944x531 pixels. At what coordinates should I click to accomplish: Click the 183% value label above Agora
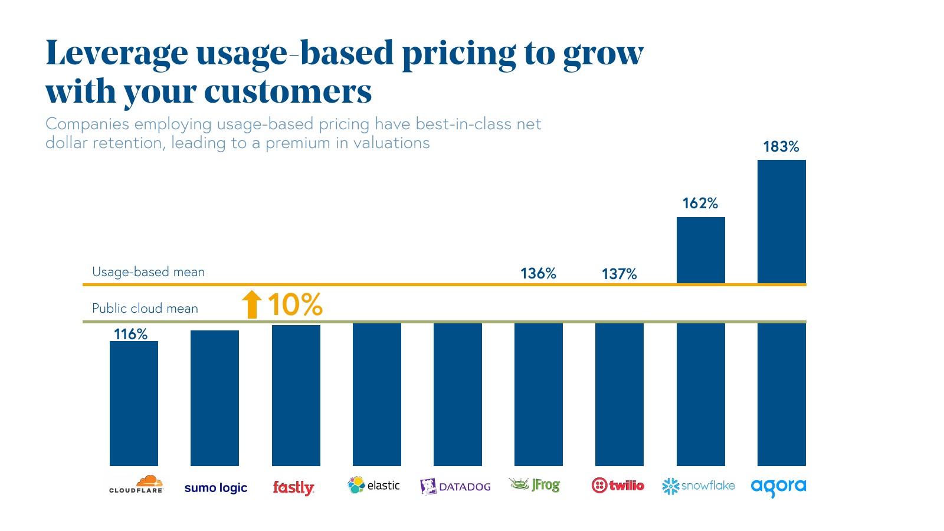[781, 146]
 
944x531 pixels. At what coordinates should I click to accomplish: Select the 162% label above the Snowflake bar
[700, 204]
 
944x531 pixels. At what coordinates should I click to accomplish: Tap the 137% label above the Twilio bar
[619, 274]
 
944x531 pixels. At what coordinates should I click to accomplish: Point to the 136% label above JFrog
[538, 273]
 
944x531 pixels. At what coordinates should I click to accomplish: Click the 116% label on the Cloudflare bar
[130, 335]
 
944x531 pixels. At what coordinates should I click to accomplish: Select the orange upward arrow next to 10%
[252, 304]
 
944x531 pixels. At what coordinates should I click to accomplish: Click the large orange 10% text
[295, 304]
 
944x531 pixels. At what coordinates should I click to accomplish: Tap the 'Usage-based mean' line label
[148, 272]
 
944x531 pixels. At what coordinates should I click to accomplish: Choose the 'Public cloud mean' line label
[145, 309]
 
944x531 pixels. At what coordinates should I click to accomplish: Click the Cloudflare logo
[136, 484]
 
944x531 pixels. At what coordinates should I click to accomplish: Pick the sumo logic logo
[215, 488]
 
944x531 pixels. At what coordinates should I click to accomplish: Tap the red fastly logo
[293, 487]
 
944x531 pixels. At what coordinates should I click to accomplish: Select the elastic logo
[373, 485]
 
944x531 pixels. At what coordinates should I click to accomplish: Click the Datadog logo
[455, 486]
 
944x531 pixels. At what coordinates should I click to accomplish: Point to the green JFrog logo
[535, 485]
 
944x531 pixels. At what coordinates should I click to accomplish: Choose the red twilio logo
[618, 486]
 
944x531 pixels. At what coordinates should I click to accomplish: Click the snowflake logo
[699, 486]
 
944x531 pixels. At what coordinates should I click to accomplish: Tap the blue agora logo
[778, 487]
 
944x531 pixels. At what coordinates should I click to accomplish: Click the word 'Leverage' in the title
[117, 53]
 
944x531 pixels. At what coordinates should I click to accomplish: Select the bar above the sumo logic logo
[215, 398]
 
